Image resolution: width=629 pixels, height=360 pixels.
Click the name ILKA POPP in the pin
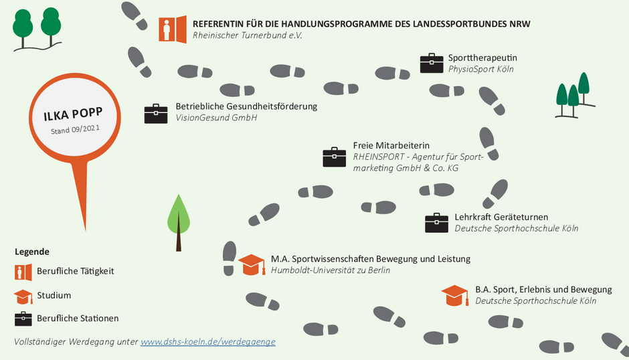pyautogui.click(x=73, y=114)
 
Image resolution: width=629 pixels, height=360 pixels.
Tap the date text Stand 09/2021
pyautogui.click(x=75, y=129)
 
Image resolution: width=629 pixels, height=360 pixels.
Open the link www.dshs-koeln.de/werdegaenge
pyautogui.click(x=208, y=341)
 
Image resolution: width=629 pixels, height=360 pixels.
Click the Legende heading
pyautogui.click(x=32, y=252)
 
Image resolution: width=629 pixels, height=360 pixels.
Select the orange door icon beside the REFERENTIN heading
pyautogui.click(x=173, y=29)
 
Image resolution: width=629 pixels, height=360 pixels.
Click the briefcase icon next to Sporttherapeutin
pyautogui.click(x=432, y=63)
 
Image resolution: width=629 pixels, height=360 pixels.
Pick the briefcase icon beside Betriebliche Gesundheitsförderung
pyautogui.click(x=156, y=114)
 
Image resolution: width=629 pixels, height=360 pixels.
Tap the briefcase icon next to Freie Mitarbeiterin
pyautogui.click(x=334, y=157)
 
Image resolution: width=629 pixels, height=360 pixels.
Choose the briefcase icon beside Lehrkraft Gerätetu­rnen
pyautogui.click(x=436, y=223)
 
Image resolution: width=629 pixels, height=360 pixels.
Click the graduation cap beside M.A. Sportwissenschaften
pyautogui.click(x=252, y=265)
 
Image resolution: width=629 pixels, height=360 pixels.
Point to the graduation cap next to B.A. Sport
pyautogui.click(x=455, y=295)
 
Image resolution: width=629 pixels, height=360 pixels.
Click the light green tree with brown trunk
pyautogui.click(x=179, y=223)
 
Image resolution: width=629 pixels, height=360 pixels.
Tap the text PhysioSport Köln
pyautogui.click(x=481, y=69)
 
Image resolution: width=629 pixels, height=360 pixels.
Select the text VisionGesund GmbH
pyautogui.click(x=216, y=118)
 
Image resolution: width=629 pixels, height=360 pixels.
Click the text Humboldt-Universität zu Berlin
pyautogui.click(x=331, y=270)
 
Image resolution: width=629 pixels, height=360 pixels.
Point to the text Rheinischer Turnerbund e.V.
pyautogui.click(x=247, y=35)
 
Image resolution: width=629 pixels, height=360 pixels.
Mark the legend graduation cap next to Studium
pyautogui.click(x=23, y=296)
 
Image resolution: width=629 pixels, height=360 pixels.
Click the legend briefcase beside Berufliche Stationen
pyautogui.click(x=23, y=319)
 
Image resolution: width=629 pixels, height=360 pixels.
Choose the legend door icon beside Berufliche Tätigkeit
pyautogui.click(x=23, y=272)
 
